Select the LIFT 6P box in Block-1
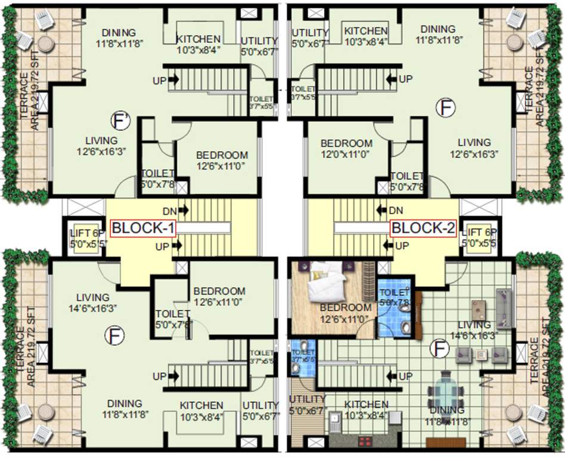[x=83, y=238]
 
